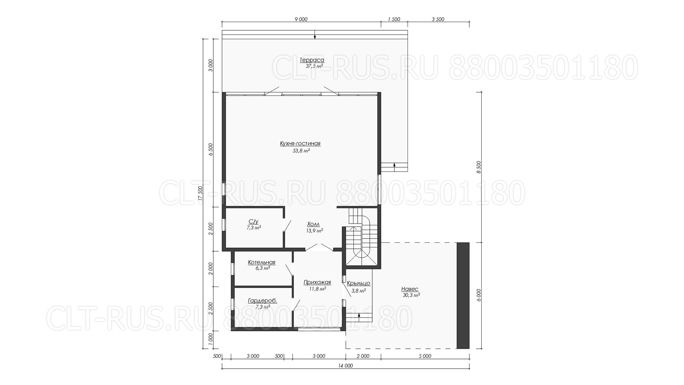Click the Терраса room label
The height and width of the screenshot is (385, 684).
click(312, 60)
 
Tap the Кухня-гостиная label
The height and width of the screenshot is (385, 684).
click(300, 144)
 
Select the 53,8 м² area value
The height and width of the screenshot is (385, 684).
click(301, 151)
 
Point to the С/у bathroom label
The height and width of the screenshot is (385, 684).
click(253, 221)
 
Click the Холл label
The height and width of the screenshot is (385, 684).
click(313, 224)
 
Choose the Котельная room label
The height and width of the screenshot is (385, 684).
click(262, 263)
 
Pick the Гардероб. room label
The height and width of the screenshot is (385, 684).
click(263, 301)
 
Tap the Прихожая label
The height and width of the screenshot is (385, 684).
click(317, 283)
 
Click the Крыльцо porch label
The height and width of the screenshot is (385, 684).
click(358, 283)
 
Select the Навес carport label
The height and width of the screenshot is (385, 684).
click(410, 289)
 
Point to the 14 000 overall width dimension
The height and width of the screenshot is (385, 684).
click(346, 366)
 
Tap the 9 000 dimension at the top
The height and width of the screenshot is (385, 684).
click(301, 20)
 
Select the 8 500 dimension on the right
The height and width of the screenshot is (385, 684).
click(479, 167)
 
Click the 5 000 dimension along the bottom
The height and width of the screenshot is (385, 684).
click(425, 356)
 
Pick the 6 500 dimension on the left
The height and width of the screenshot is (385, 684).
click(211, 149)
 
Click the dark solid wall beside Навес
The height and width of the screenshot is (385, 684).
click(463, 296)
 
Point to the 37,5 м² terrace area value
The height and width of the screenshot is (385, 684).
click(314, 66)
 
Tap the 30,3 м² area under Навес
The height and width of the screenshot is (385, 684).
click(411, 295)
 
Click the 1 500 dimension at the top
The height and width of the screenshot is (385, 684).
click(394, 20)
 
